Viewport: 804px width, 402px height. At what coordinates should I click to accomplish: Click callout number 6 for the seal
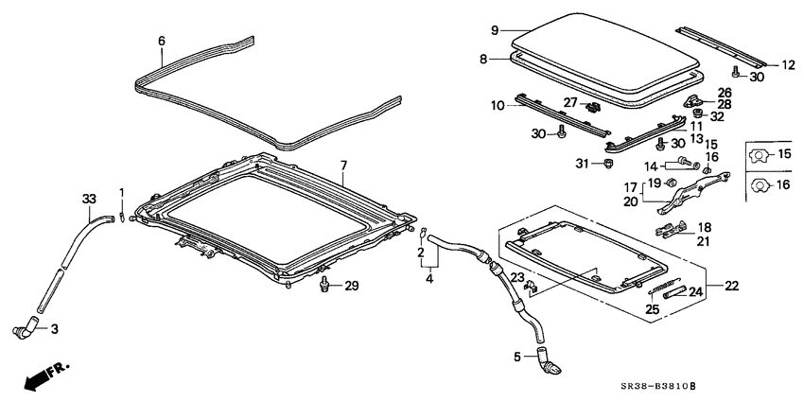(161, 41)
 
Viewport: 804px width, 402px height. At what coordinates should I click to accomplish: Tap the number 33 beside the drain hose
(89, 199)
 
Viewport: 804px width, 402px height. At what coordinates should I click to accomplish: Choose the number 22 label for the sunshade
(732, 286)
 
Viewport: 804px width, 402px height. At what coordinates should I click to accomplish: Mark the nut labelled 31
(584, 166)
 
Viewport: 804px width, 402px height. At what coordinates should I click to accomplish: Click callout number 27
(570, 102)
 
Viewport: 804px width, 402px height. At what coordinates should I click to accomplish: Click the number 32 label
(717, 117)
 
